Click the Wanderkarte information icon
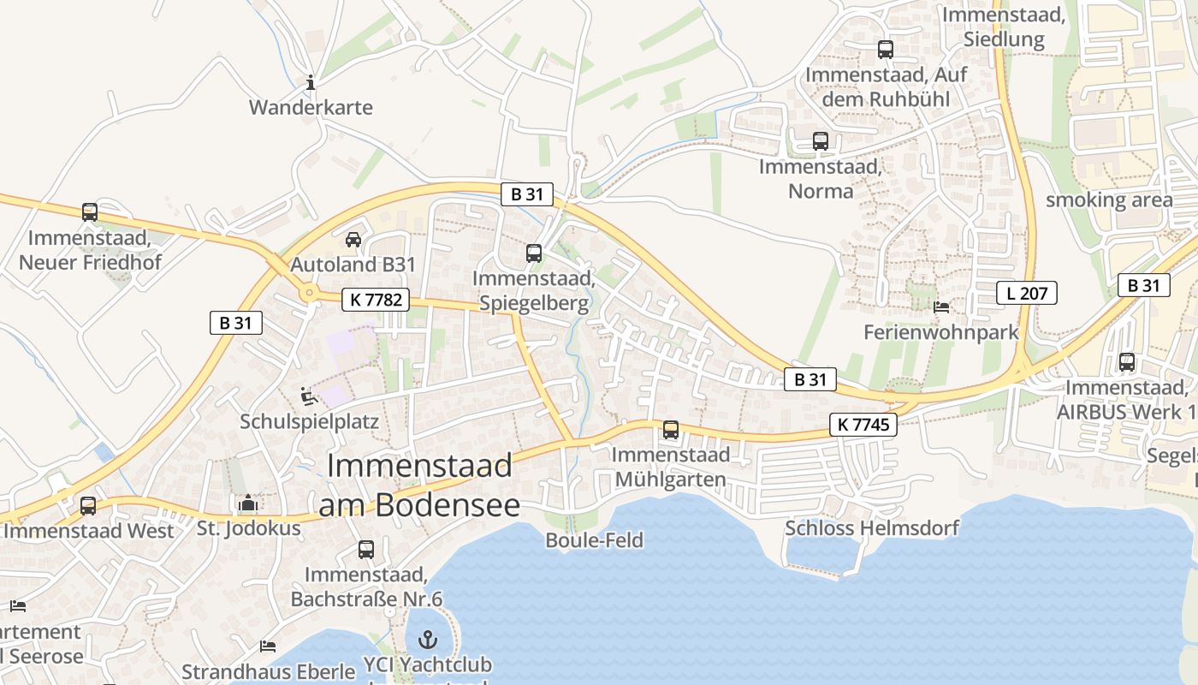[311, 83]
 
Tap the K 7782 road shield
[376, 300]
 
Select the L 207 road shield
[1027, 294]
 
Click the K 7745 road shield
[863, 424]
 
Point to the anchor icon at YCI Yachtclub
[427, 640]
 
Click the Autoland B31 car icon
[353, 240]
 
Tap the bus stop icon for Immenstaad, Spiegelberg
[534, 253]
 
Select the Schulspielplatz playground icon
[308, 396]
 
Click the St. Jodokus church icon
[248, 503]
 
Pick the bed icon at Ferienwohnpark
[941, 307]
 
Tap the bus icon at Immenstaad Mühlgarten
[671, 430]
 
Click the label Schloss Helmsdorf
[872, 527]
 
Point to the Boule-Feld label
[594, 540]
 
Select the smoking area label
[1109, 200]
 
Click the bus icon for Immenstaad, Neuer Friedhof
[90, 212]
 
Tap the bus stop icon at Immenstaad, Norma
[821, 141]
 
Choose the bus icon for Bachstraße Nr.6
[366, 550]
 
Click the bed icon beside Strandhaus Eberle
[268, 646]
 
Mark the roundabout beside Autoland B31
[308, 294]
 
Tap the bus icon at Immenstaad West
[88, 506]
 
